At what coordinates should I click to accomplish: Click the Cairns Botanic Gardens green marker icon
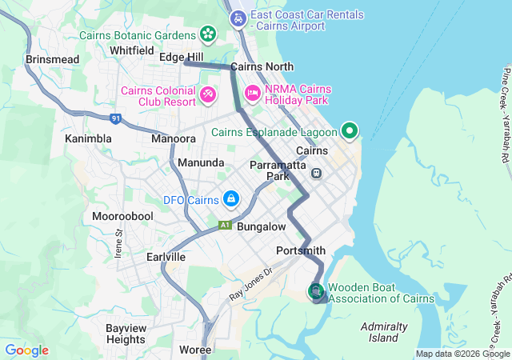pyautogui.click(x=208, y=34)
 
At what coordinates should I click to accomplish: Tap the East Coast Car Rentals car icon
pyautogui.click(x=238, y=18)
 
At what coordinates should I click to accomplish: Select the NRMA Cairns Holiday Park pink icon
pyautogui.click(x=252, y=94)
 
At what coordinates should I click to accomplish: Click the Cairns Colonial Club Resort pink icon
pyautogui.click(x=208, y=94)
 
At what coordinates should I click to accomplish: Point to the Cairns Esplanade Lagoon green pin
pyautogui.click(x=350, y=130)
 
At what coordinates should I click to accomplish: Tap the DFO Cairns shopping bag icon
pyautogui.click(x=230, y=198)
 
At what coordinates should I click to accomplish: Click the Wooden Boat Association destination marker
pyautogui.click(x=316, y=291)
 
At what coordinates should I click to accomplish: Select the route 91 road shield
pyautogui.click(x=117, y=118)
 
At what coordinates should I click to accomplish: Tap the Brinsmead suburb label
pyautogui.click(x=53, y=60)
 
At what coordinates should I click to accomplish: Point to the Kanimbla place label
pyautogui.click(x=88, y=138)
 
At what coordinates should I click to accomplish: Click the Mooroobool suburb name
pyautogui.click(x=122, y=217)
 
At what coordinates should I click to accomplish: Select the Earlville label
pyautogui.click(x=166, y=257)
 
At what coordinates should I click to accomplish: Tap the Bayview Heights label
pyautogui.click(x=126, y=334)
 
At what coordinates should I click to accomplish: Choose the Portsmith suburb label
pyautogui.click(x=300, y=250)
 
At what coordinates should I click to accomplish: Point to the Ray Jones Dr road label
pyautogui.click(x=250, y=283)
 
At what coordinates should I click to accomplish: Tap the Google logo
pyautogui.click(x=26, y=350)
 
